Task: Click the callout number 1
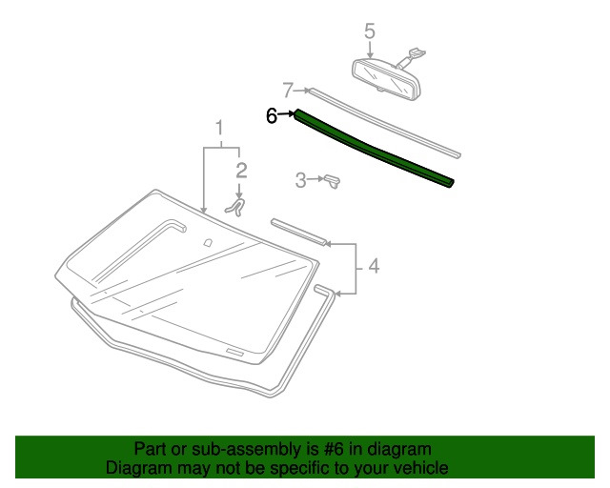(x=220, y=128)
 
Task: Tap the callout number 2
(x=241, y=171)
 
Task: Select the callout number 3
(x=301, y=180)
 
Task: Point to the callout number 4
(x=374, y=266)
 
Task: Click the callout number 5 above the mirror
(x=370, y=31)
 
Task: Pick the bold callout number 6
(x=272, y=115)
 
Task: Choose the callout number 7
(x=288, y=91)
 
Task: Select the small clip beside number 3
(x=333, y=181)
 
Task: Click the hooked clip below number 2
(x=235, y=208)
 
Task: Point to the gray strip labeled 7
(x=384, y=123)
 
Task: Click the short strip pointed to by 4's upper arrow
(x=298, y=232)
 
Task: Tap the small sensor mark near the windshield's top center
(x=208, y=242)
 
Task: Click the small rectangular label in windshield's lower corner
(x=235, y=353)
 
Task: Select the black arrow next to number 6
(x=286, y=114)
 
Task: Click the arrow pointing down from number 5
(x=370, y=50)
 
